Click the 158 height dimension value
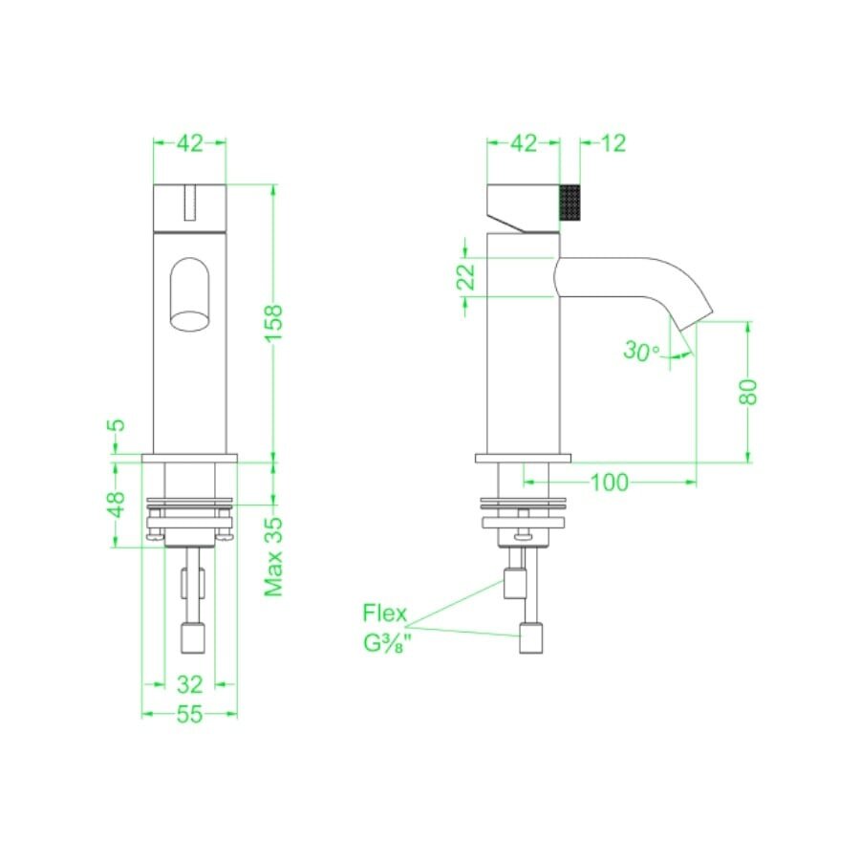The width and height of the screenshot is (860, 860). [273, 323]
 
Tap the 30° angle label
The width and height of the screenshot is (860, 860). [641, 351]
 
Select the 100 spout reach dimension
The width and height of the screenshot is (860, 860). [609, 483]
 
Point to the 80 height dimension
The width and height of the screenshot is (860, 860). [747, 392]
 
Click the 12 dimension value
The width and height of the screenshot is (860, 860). [613, 143]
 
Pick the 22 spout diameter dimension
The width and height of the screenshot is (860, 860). [465, 277]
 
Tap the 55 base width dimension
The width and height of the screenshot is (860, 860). [190, 714]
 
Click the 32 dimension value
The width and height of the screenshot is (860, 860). [190, 684]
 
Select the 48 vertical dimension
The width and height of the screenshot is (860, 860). [117, 505]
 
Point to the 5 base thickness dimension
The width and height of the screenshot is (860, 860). [117, 425]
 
